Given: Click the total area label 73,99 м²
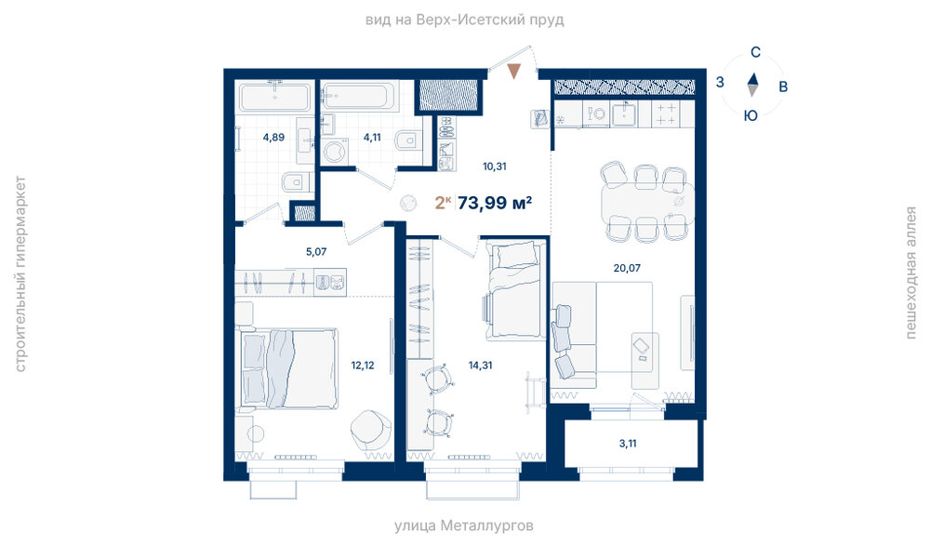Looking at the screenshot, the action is point(495,203).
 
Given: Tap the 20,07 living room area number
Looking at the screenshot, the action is point(627,268).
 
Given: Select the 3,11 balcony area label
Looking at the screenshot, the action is point(628,443).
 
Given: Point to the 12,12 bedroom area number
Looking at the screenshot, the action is point(363,366).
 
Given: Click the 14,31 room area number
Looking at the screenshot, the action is point(480,366).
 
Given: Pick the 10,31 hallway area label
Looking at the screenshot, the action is point(494,166).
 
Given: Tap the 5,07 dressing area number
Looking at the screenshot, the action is point(316,251).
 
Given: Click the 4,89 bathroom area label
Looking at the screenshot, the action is point(273,137).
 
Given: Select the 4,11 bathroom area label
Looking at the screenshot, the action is point(372,137).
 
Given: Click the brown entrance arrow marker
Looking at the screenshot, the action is point(514,72).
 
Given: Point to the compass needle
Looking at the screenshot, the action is point(752,85).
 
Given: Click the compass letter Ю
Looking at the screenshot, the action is point(751,115).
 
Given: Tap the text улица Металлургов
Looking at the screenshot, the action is point(464,525).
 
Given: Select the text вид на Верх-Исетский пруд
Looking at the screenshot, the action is point(464,20).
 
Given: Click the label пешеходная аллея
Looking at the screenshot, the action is point(911,272).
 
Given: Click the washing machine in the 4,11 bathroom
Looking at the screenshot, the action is point(335,152).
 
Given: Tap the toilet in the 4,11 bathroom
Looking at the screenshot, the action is point(406,140).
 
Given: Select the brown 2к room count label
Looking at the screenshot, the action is point(443,203).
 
